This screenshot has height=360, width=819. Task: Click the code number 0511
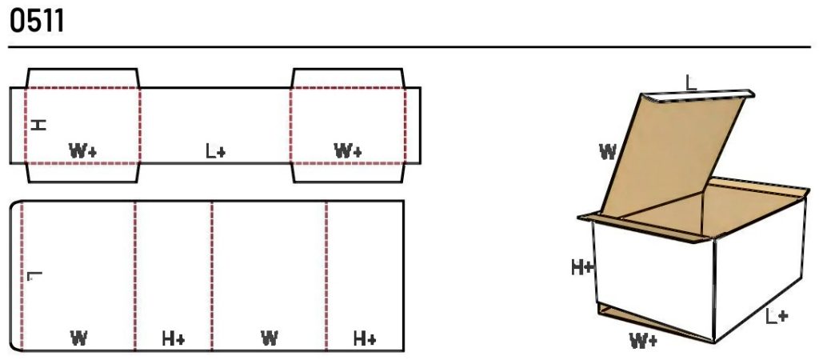(x=37, y=22)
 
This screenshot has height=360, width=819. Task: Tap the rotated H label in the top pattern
(x=38, y=125)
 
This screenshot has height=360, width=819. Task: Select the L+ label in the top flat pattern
(x=215, y=151)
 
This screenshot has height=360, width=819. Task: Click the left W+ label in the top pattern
(x=83, y=151)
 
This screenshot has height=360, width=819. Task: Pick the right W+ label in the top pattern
(x=348, y=151)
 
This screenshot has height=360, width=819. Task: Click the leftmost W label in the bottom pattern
(x=78, y=338)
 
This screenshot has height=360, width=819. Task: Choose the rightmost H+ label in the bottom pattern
(x=365, y=338)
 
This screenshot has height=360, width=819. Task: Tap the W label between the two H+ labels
(x=269, y=338)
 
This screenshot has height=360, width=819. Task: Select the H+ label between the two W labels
(x=174, y=338)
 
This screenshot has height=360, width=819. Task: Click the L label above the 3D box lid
(x=691, y=83)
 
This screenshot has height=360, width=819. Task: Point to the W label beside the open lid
(x=608, y=152)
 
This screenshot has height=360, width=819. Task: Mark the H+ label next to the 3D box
(x=582, y=267)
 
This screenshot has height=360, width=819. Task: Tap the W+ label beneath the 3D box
(x=644, y=341)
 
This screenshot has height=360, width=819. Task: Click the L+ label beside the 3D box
(x=777, y=316)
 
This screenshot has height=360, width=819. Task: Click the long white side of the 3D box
(x=757, y=269)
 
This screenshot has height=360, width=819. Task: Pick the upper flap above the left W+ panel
(x=82, y=78)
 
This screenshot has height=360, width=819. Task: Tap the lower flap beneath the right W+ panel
(x=349, y=173)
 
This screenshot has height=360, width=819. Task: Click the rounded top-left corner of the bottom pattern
(x=14, y=204)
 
